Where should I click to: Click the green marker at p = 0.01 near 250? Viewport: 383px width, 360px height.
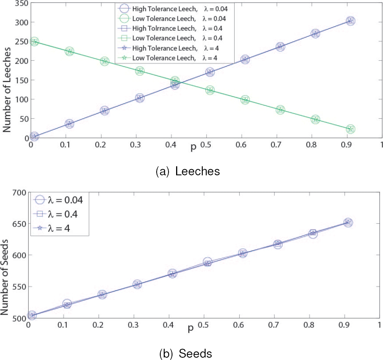coord(34,41)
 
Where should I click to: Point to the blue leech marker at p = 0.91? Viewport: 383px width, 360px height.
coord(350,21)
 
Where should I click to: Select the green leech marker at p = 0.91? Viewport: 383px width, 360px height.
coord(350,129)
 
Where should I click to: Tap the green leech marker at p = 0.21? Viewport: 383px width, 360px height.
coord(104,61)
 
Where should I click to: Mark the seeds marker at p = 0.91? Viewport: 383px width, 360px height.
coord(348,223)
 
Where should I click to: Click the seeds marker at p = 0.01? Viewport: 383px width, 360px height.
coord(32,315)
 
